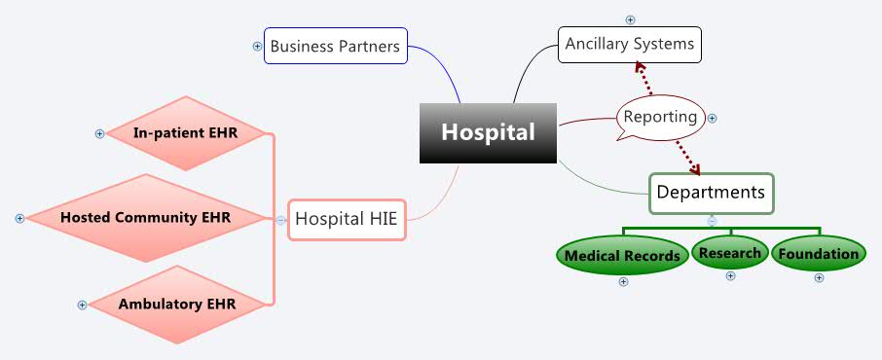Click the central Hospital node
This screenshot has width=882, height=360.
click(489, 132)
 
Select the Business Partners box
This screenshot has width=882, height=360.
click(336, 46)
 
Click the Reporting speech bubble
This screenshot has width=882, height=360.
click(660, 117)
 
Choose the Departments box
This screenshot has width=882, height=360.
click(711, 193)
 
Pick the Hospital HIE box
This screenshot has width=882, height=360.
click(346, 219)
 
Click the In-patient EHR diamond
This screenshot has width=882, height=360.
click(185, 132)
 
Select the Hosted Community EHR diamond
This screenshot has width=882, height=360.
click(145, 218)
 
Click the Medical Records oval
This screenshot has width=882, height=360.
click(622, 256)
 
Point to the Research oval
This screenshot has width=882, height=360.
click(729, 254)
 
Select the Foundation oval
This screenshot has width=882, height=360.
click(819, 255)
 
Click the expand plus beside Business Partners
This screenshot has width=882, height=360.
click(257, 46)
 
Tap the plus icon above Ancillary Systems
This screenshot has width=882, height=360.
click(630, 19)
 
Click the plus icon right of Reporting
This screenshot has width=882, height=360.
click(712, 119)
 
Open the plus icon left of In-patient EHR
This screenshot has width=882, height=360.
click(99, 133)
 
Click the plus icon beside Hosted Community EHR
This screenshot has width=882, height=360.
click(19, 218)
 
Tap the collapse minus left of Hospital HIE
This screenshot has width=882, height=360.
click(280, 220)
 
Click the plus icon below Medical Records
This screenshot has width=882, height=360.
click(623, 282)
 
